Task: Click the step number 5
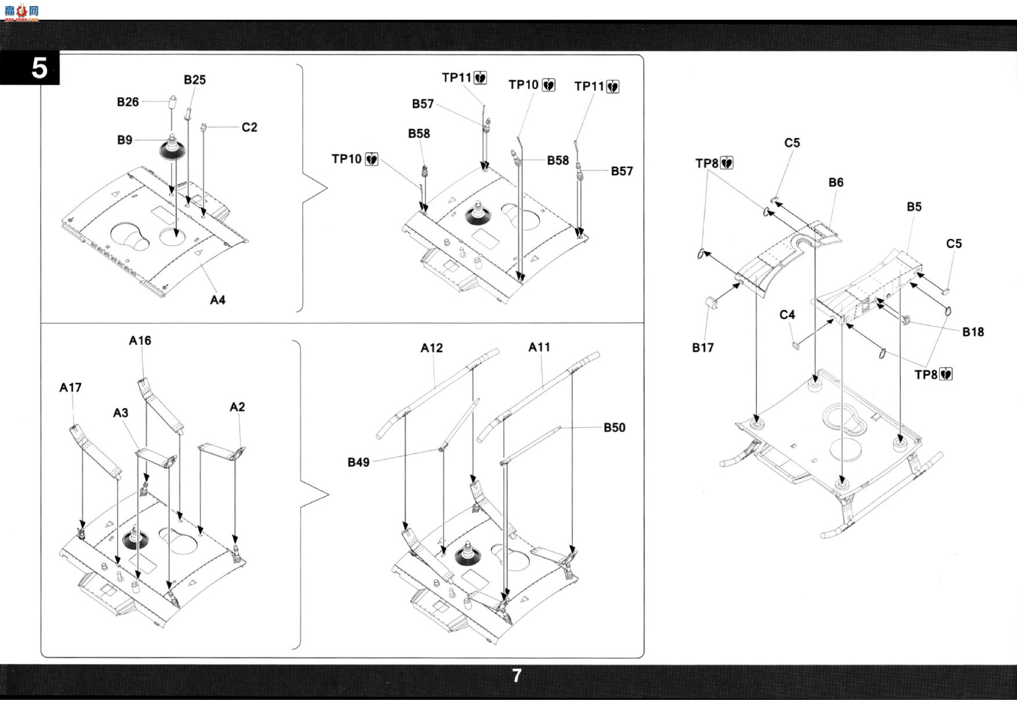point(39,68)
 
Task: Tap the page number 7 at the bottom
point(517,676)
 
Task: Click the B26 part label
point(128,102)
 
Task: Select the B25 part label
point(195,80)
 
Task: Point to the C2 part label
point(249,127)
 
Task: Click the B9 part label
point(125,140)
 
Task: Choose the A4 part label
point(217,300)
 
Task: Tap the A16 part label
point(140,341)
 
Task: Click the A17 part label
point(70,387)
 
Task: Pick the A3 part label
point(121,413)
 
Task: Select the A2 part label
point(237,407)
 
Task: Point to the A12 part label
point(431,348)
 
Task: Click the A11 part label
point(539,347)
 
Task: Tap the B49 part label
point(358,462)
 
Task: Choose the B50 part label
point(615,427)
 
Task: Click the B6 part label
point(836,182)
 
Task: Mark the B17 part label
point(703,347)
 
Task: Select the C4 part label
point(787,314)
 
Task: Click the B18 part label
point(973,332)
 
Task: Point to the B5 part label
point(914,206)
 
